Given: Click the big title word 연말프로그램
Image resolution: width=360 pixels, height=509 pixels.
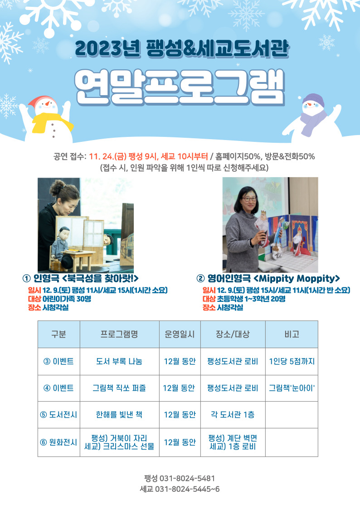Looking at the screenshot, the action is pos(180,87).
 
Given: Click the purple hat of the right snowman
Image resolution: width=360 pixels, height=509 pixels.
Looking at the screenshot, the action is pos(313,99).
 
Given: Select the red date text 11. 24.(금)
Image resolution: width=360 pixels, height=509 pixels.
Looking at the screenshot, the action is pos(108,156).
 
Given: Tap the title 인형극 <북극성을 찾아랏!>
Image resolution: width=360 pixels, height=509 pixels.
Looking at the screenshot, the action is pos(81,278).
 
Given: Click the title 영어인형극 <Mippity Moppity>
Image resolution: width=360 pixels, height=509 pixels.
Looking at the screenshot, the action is pos(268,278).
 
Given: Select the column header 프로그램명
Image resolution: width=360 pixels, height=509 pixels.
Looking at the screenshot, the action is pos(119,334).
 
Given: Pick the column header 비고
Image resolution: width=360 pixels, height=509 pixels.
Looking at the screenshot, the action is pos(292,334).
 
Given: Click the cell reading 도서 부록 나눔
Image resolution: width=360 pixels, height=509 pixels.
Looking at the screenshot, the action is pos(119,361).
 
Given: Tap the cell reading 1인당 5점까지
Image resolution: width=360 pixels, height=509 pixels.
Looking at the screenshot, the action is pos(292,361).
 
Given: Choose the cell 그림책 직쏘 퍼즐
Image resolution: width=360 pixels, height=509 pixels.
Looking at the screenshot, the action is pos(119,388).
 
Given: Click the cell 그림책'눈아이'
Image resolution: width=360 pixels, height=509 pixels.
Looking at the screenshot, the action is pos(292,388).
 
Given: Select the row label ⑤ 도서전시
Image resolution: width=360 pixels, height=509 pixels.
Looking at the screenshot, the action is pos(58,415).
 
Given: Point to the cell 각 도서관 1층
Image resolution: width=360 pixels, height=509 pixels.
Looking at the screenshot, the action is pos(233,415).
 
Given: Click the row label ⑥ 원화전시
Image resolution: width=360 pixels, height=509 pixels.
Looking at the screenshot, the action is pos(58,442).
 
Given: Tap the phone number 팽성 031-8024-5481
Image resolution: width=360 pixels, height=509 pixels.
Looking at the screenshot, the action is pos(180,478).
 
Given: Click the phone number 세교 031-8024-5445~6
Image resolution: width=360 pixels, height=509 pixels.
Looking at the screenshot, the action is pos(180,489).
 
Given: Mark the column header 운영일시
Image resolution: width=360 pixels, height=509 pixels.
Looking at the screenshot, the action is pos(180,334).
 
